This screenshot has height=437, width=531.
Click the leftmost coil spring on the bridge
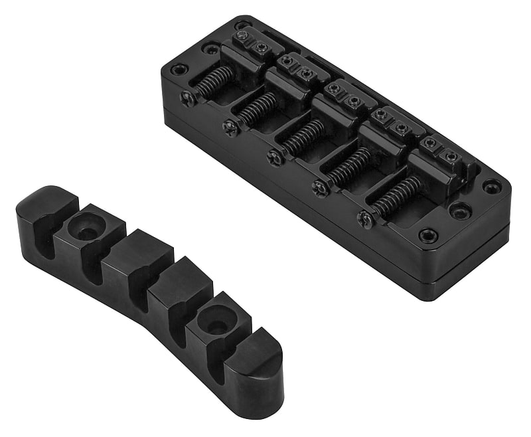[x=214, y=86]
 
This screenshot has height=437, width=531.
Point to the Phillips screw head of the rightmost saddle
[x=364, y=218]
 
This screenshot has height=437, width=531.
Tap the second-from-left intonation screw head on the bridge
[x=230, y=127]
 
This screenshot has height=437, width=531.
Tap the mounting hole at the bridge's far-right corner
[x=491, y=187]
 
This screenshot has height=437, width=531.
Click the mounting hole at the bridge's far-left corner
[x=178, y=69]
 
